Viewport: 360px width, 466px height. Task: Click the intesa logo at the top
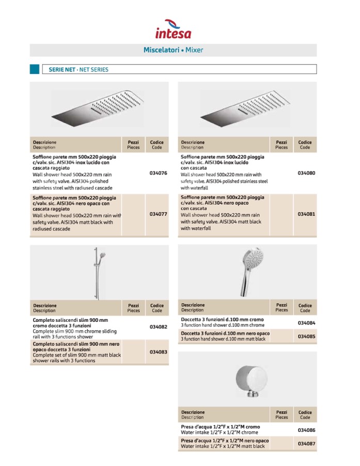pyautogui.click(x=173, y=29)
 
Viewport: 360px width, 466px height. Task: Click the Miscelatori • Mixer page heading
pyautogui.click(x=173, y=50)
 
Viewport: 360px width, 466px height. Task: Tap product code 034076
pyautogui.click(x=158, y=173)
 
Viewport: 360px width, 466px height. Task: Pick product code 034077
pyautogui.click(x=158, y=214)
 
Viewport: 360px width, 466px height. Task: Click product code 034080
pyautogui.click(x=306, y=173)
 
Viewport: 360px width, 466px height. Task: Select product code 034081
pyautogui.click(x=306, y=213)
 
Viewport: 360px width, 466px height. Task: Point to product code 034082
pyautogui.click(x=158, y=327)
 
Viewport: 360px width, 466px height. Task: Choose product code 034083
pyautogui.click(x=158, y=351)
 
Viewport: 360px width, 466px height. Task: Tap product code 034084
pyautogui.click(x=306, y=323)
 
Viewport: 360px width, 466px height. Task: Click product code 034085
pyautogui.click(x=306, y=336)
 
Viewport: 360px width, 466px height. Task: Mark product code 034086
pyautogui.click(x=306, y=430)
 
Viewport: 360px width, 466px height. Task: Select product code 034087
pyautogui.click(x=306, y=443)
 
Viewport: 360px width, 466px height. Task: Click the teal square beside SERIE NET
pyautogui.click(x=35, y=69)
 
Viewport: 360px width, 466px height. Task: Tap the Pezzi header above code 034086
pyautogui.click(x=281, y=414)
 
